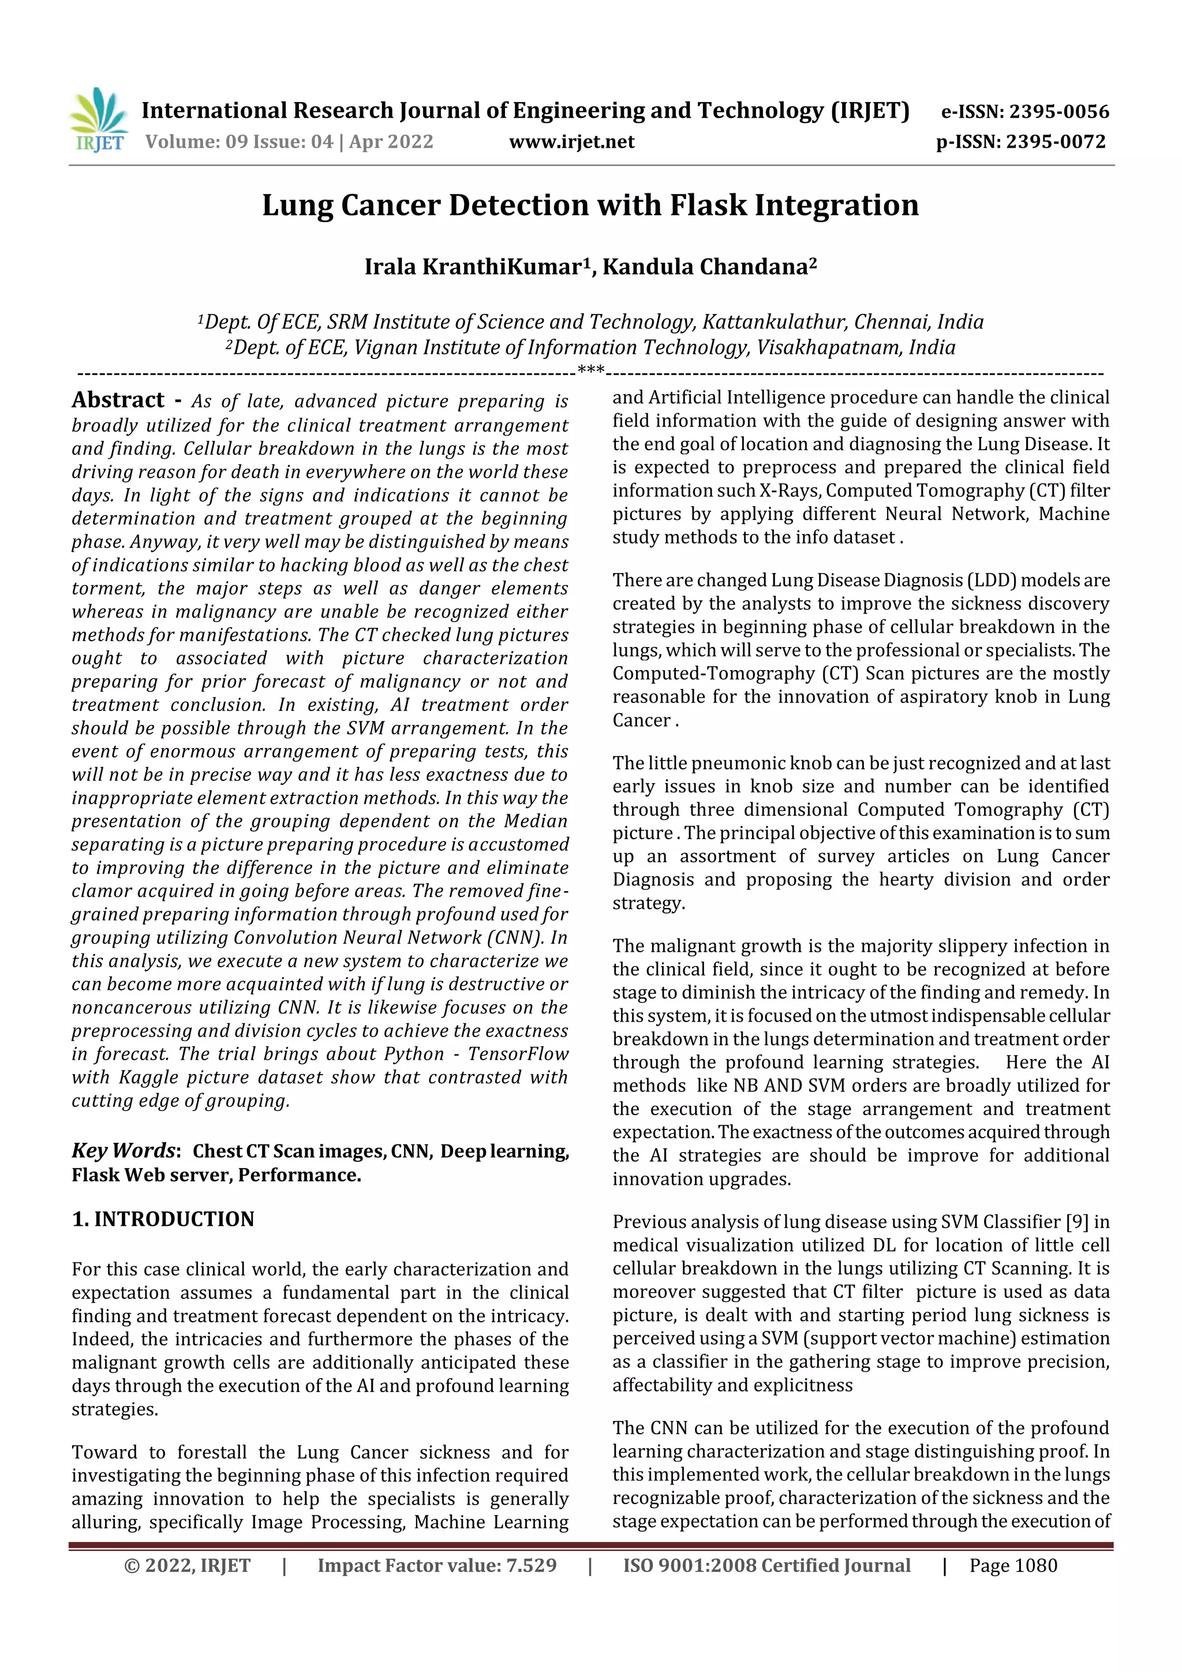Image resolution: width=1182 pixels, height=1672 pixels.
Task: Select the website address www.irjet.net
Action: pos(572,141)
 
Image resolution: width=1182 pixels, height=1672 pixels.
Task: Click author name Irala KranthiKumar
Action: pos(473,267)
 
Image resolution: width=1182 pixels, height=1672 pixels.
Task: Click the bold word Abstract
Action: pos(118,400)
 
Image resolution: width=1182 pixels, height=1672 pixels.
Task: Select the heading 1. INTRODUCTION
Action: pos(163,1218)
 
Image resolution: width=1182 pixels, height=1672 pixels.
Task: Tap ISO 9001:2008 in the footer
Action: pos(680,1565)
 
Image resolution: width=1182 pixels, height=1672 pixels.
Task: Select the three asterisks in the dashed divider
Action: pos(590,371)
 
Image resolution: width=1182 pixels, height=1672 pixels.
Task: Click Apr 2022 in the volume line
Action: pos(391,141)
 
